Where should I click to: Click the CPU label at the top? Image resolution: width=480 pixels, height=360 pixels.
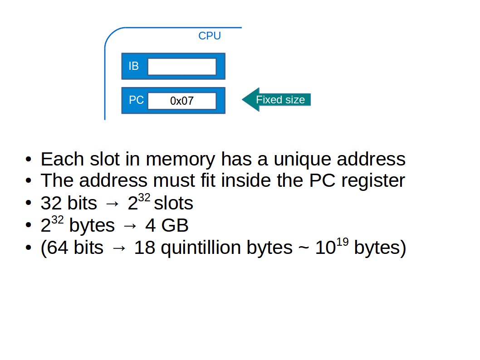pyautogui.click(x=209, y=36)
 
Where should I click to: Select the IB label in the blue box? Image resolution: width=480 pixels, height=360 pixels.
pyautogui.click(x=133, y=66)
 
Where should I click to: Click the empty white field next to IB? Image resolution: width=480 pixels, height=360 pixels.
pyautogui.click(x=182, y=67)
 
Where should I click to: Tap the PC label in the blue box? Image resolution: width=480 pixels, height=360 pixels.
pyautogui.click(x=136, y=100)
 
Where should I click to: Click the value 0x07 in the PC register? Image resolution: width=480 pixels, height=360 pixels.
pyautogui.click(x=182, y=101)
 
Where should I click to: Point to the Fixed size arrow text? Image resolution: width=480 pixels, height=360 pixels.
pyautogui.click(x=280, y=100)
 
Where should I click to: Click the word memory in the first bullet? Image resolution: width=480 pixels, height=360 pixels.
pyautogui.click(x=181, y=159)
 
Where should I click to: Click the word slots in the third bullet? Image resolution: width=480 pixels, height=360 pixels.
pyautogui.click(x=174, y=203)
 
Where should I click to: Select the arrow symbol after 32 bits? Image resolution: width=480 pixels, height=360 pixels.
pyautogui.click(x=112, y=204)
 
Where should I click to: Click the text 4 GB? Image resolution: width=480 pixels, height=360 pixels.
pyautogui.click(x=167, y=225)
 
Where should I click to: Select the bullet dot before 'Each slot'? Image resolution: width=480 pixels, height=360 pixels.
pyautogui.click(x=29, y=160)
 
